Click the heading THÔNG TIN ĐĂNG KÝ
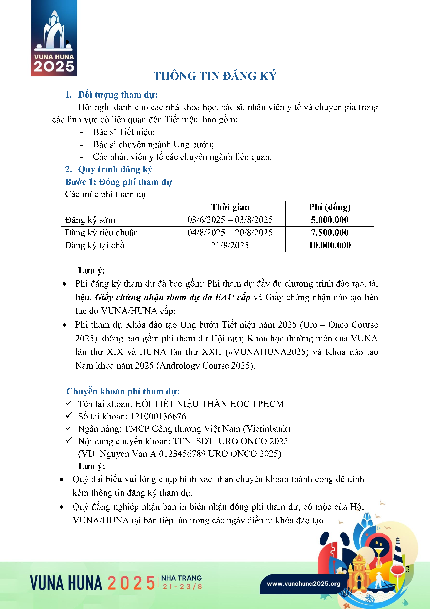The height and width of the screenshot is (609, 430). pos(215,76)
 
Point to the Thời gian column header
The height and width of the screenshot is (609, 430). pos(230,207)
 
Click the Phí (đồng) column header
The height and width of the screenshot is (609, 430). pos(330,207)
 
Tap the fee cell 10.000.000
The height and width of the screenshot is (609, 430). pos(330,245)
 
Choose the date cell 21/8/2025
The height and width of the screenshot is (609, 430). pos(230,245)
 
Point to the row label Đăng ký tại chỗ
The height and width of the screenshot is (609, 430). pos(95,245)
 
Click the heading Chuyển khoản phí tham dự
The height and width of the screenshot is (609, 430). pos(123,391)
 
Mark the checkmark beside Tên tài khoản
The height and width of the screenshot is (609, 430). pos(69,403)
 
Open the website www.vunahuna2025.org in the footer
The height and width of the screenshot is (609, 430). pos(303,584)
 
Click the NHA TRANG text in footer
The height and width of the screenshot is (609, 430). pos(182,578)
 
